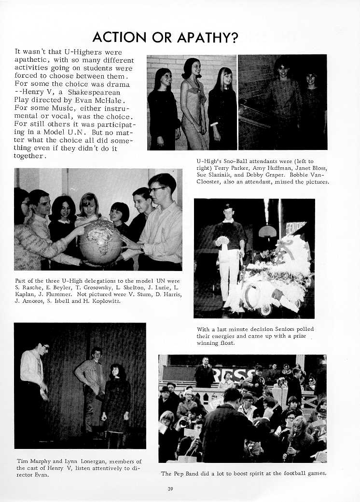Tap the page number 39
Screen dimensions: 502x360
point(170,489)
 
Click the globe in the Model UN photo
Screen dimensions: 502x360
point(102,243)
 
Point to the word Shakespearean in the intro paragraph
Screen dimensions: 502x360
point(96,92)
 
